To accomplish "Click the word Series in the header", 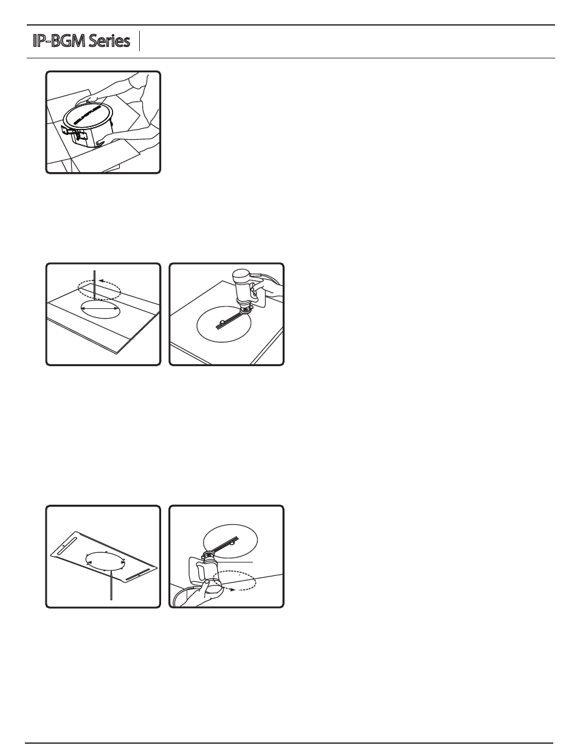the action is point(109,41).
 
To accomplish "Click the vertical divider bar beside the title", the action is point(140,41).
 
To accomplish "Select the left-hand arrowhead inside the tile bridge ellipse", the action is point(88,563).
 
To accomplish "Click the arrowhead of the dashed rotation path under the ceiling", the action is point(233,590).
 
